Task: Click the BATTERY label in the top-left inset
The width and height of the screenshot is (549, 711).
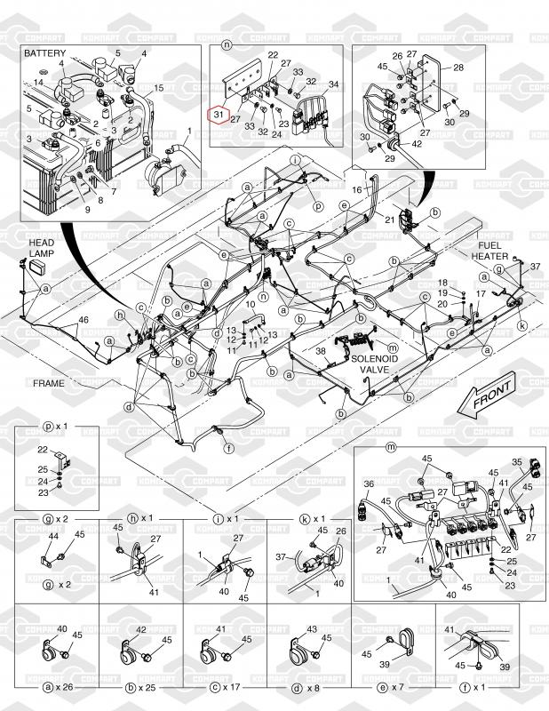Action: pyautogui.click(x=45, y=53)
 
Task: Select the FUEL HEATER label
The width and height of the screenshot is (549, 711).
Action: pyautogui.click(x=490, y=250)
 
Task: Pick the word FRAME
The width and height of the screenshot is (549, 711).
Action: pyautogui.click(x=50, y=382)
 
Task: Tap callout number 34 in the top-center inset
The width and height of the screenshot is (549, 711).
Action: pyautogui.click(x=333, y=85)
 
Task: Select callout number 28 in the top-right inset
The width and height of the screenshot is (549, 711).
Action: pyautogui.click(x=458, y=68)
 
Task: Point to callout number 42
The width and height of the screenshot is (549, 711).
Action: pyautogui.click(x=418, y=143)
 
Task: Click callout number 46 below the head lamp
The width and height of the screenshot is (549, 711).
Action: pyautogui.click(x=84, y=319)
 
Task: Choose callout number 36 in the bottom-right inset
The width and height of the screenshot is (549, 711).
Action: pyautogui.click(x=369, y=484)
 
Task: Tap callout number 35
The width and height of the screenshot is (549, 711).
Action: pyautogui.click(x=518, y=461)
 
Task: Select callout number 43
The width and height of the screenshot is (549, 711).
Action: pyautogui.click(x=310, y=629)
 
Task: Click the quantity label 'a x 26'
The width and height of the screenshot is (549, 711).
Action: pyautogui.click(x=56, y=688)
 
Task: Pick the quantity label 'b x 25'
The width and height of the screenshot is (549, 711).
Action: pyautogui.click(x=142, y=688)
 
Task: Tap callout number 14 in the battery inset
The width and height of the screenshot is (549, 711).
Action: pyautogui.click(x=39, y=82)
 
